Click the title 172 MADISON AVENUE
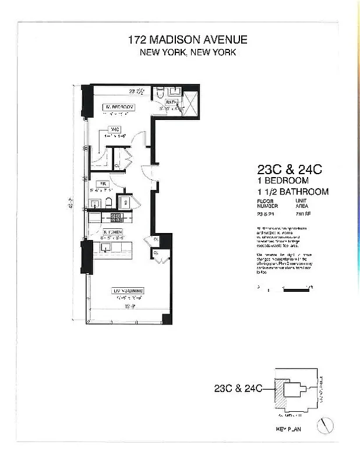click(187, 40)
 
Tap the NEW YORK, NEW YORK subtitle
click(187, 52)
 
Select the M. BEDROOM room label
click(119, 107)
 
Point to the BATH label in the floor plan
click(163, 102)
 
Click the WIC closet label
click(115, 130)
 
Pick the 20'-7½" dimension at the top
click(136, 90)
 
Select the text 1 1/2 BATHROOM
click(293, 191)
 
